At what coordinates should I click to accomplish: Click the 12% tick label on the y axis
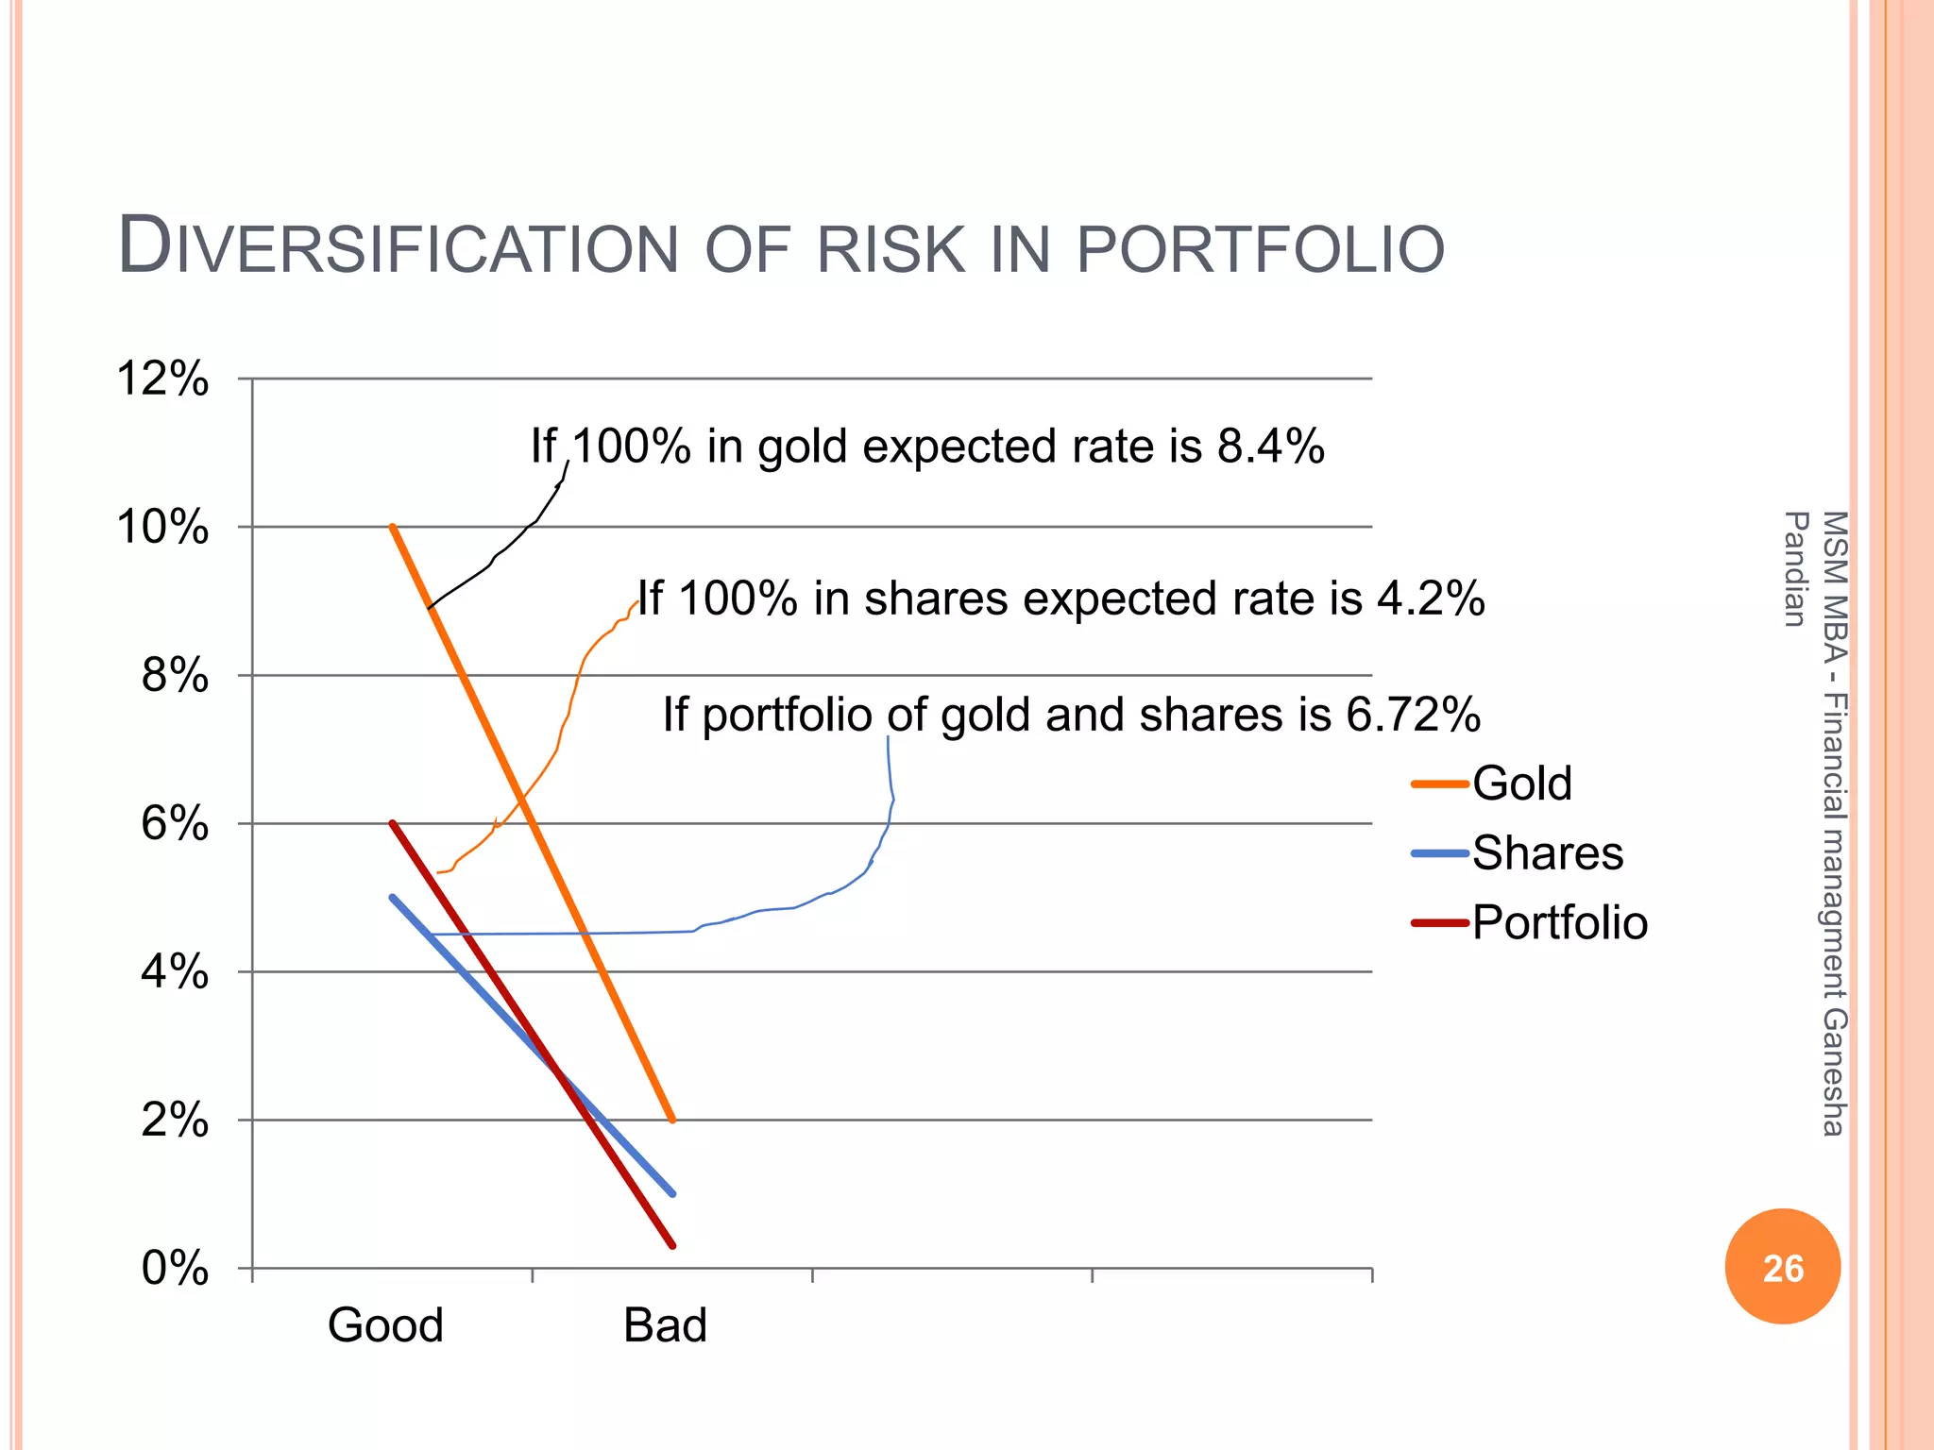pyautogui.click(x=162, y=379)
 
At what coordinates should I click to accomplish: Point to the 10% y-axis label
pyautogui.click(x=162, y=527)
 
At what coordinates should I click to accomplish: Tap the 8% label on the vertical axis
pyautogui.click(x=175, y=676)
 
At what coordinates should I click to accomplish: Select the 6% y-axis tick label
pyautogui.click(x=175, y=824)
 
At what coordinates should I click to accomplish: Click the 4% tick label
pyautogui.click(x=175, y=971)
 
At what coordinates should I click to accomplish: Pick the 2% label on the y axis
pyautogui.click(x=175, y=1121)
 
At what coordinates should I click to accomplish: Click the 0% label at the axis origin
pyautogui.click(x=175, y=1268)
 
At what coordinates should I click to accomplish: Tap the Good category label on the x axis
pyautogui.click(x=385, y=1325)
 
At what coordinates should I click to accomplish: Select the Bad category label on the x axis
pyautogui.click(x=665, y=1325)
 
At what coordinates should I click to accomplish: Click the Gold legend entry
pyautogui.click(x=1521, y=784)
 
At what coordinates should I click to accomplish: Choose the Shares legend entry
pyautogui.click(x=1547, y=853)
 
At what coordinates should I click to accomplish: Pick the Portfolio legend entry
pyautogui.click(x=1559, y=922)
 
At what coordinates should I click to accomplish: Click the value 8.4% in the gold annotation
pyautogui.click(x=1270, y=446)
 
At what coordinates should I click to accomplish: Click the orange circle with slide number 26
pyautogui.click(x=1782, y=1267)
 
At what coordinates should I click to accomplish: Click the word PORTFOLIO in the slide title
pyautogui.click(x=1260, y=249)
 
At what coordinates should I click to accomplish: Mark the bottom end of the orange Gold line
pyautogui.click(x=671, y=1120)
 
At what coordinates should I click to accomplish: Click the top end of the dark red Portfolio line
pyautogui.click(x=392, y=823)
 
